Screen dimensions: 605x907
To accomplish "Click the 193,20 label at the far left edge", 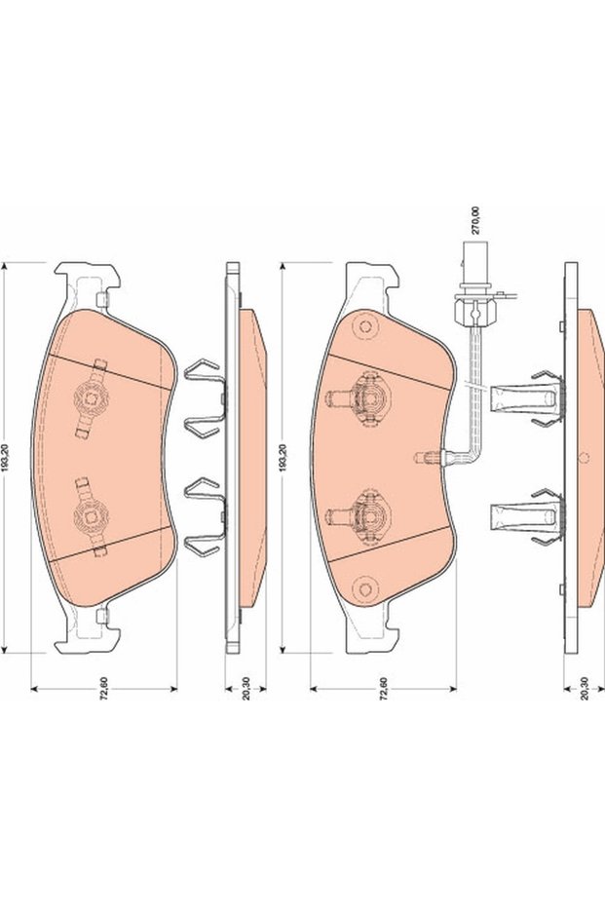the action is [x=5, y=458].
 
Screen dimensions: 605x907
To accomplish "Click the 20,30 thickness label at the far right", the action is [x=585, y=689].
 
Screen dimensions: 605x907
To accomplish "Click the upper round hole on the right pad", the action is [x=365, y=326].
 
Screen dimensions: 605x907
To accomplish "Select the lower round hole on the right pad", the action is [x=365, y=589].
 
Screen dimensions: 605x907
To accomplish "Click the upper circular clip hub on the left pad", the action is [x=91, y=397].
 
